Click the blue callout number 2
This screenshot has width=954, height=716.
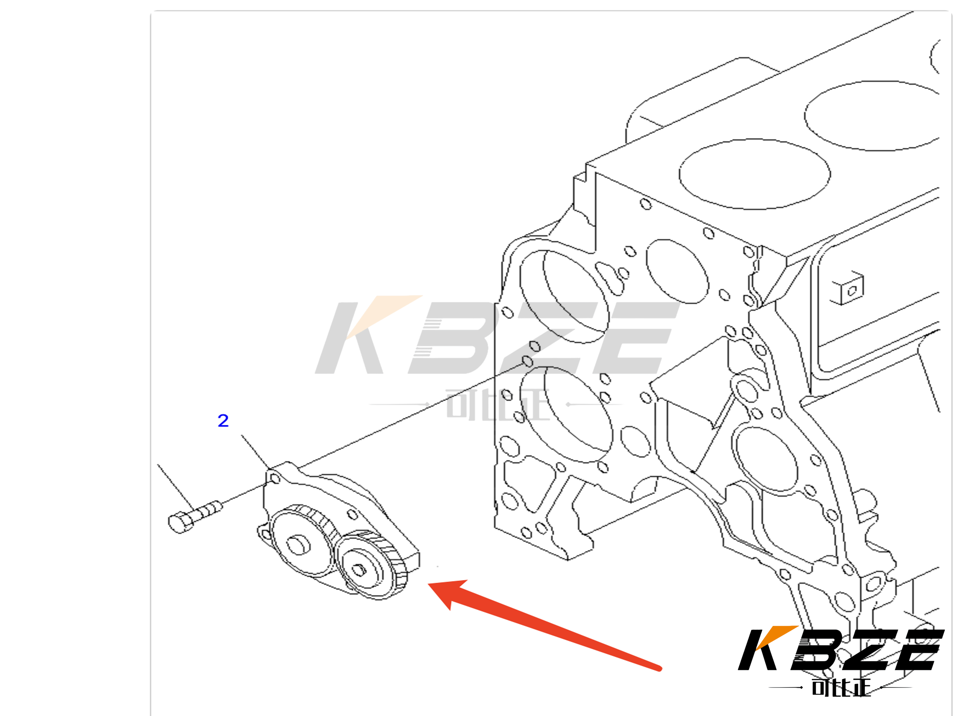click(223, 420)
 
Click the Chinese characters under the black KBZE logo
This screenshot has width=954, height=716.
click(841, 687)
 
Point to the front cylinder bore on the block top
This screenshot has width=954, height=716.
click(755, 174)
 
